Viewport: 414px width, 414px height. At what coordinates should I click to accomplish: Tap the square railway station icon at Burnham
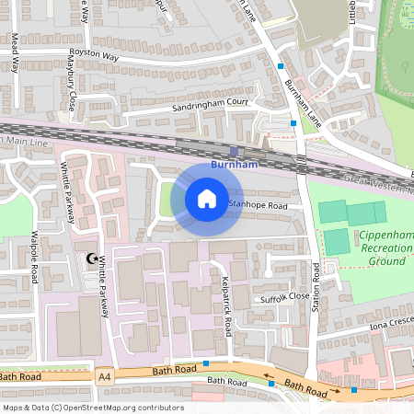click(234, 151)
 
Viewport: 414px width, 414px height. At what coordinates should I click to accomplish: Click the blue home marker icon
click(206, 198)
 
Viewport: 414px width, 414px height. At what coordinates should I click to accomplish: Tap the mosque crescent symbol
click(91, 260)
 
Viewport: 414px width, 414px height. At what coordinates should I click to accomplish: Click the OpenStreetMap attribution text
click(93, 408)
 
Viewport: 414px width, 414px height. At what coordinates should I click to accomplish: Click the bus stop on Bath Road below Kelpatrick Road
click(193, 363)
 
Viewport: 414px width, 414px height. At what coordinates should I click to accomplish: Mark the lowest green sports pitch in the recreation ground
click(338, 242)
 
